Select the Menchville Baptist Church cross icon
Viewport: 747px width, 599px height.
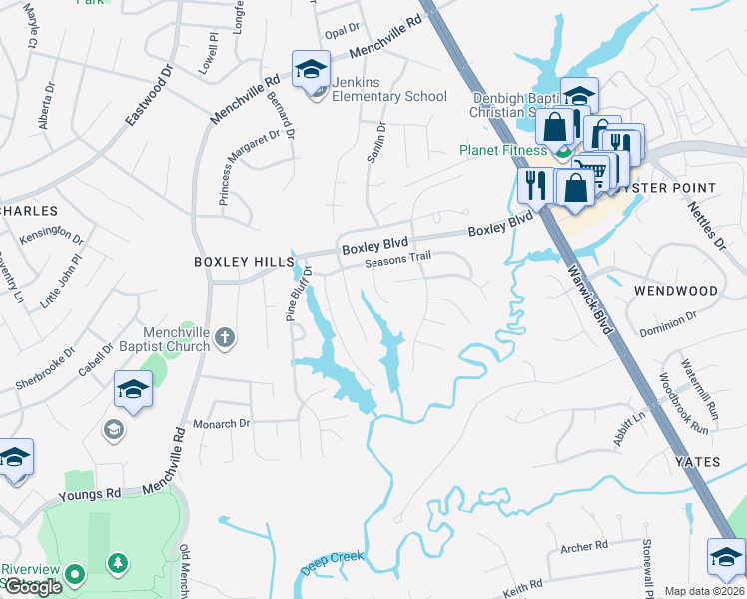[224, 337]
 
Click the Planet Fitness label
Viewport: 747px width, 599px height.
[503, 151]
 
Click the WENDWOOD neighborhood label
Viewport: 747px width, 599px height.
[675, 291]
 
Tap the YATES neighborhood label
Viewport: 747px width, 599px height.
[696, 462]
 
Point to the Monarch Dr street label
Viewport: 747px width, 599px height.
[221, 423]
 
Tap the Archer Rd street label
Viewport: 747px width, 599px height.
[584, 546]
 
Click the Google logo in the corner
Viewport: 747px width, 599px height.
[33, 587]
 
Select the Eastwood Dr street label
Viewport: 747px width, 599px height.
[149, 97]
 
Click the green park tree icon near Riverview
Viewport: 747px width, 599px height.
[118, 564]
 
